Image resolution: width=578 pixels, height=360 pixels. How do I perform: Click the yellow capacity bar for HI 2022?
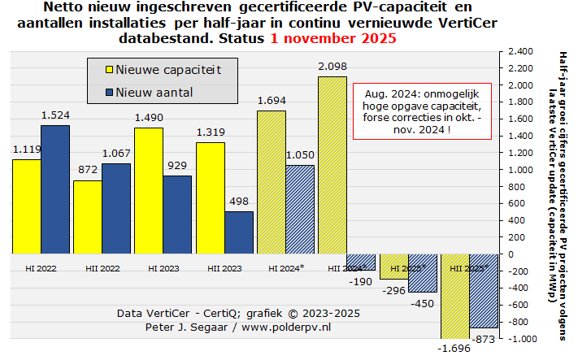27,206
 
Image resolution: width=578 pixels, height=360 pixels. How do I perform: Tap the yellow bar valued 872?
88,217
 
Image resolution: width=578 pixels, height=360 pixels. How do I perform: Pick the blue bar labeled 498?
239,232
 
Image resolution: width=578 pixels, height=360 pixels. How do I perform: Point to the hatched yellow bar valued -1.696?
454,296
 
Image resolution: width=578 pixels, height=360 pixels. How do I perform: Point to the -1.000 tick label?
519,338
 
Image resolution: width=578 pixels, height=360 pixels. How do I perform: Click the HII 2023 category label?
224,267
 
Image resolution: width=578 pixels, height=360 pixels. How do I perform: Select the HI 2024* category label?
285,267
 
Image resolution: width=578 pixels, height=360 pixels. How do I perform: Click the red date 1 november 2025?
334,38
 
